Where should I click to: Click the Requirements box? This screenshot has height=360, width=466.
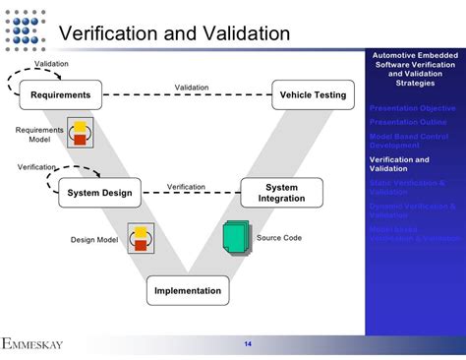tap(60, 95)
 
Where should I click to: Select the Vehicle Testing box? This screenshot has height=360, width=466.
tap(313, 95)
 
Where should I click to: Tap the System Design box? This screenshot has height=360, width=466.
tap(99, 193)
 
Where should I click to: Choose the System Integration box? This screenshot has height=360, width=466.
tap(281, 193)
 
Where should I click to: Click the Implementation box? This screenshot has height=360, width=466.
tap(189, 291)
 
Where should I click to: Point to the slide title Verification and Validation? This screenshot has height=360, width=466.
tap(175, 33)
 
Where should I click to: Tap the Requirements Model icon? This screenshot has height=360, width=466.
tap(80, 132)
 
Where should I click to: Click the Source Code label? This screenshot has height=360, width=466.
tap(279, 238)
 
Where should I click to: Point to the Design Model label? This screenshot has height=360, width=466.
tap(94, 239)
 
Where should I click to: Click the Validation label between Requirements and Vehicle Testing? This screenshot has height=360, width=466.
tap(192, 88)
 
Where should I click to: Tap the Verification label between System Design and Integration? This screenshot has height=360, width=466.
tap(186, 186)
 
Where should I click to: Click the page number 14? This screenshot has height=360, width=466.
tap(248, 343)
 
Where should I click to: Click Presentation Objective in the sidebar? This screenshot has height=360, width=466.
tap(412, 107)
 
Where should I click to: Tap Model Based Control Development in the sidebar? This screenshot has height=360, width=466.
tap(412, 140)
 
